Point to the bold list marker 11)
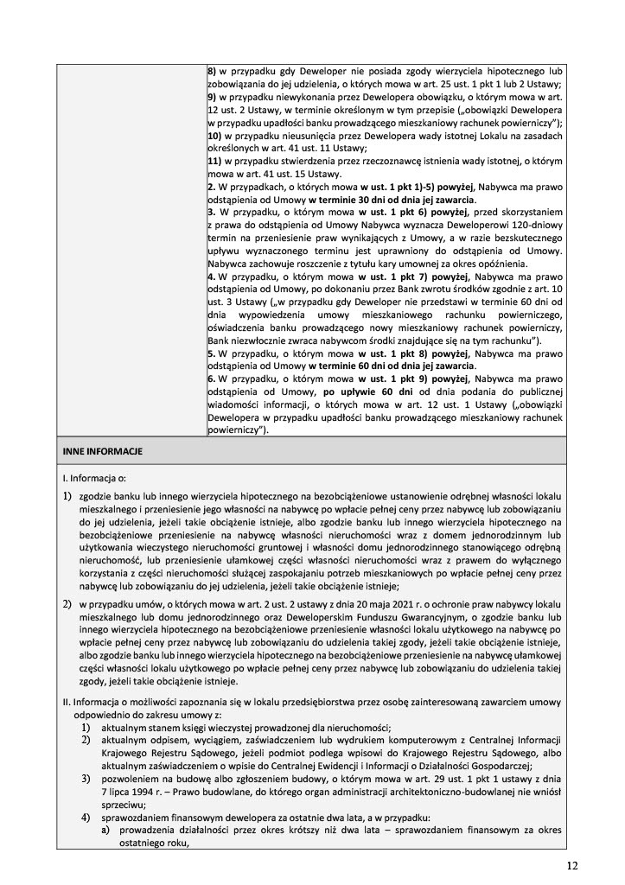[x=216, y=162]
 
